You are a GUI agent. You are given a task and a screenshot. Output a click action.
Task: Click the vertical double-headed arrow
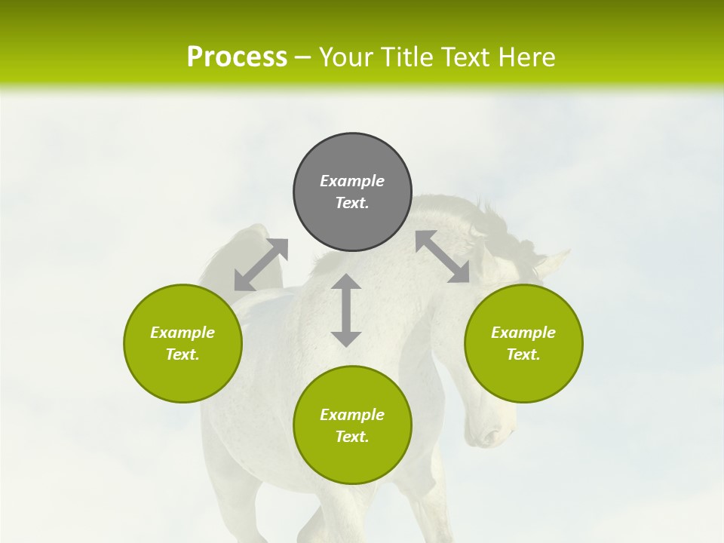coord(346,310)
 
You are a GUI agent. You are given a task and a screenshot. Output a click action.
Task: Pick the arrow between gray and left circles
coord(261,265)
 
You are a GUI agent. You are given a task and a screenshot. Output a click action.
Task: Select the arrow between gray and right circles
coord(443,256)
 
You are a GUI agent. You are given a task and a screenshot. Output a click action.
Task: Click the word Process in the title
coord(237,57)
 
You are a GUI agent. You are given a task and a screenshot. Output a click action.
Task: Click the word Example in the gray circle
coord(352,181)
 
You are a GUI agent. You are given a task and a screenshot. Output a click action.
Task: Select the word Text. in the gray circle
coord(352,203)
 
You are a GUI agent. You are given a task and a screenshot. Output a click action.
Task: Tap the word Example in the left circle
coord(183,333)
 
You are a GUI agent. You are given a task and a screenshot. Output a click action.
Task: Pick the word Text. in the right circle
coord(523,354)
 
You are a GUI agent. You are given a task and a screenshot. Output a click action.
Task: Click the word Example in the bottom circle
coord(352,415)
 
